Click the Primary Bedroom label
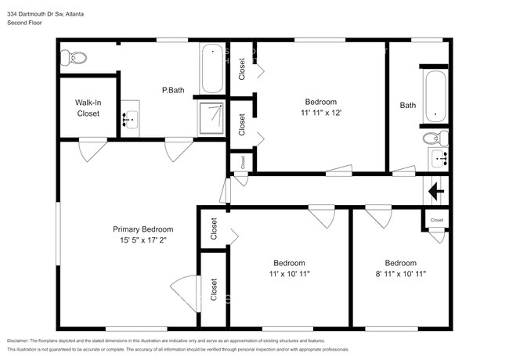tap(143, 229)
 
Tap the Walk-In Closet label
tap(88, 108)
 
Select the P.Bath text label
tap(173, 90)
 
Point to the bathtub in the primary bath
tap(211, 70)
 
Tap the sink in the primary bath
tap(131, 120)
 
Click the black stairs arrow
tap(435, 190)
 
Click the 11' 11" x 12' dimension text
tap(321, 113)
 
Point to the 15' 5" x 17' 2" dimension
tap(143, 240)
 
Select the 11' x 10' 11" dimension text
tap(289, 274)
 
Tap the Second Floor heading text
tap(25, 23)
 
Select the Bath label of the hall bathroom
tap(408, 106)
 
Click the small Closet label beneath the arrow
tap(437, 221)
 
